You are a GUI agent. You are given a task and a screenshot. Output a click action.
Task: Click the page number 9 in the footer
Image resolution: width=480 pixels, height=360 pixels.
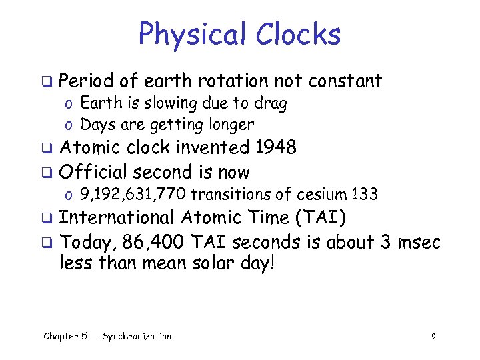[433, 337]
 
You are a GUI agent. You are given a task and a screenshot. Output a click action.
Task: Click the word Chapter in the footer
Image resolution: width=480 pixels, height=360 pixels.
[61, 337]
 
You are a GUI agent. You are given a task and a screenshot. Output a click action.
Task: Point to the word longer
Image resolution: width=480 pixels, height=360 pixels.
[231, 125]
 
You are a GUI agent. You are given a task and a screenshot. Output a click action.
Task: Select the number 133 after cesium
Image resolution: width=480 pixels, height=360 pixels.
[365, 195]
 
